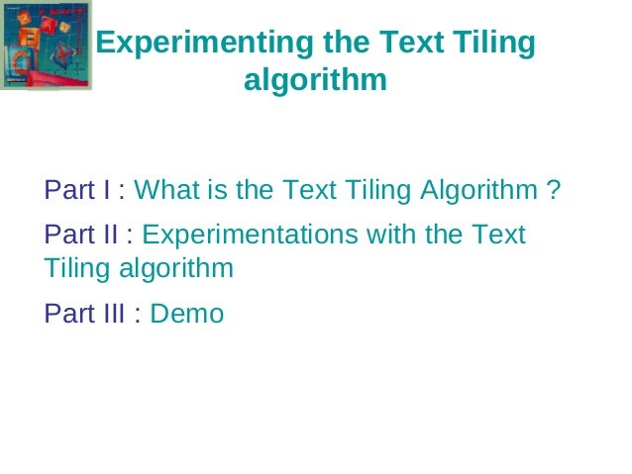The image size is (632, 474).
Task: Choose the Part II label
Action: (81, 236)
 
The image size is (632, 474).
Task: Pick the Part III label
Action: (85, 315)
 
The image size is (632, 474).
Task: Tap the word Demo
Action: (187, 315)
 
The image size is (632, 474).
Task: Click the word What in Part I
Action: (167, 189)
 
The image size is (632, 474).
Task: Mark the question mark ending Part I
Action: (554, 189)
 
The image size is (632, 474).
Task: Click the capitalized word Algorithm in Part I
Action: (479, 189)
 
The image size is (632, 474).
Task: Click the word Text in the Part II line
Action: (498, 236)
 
